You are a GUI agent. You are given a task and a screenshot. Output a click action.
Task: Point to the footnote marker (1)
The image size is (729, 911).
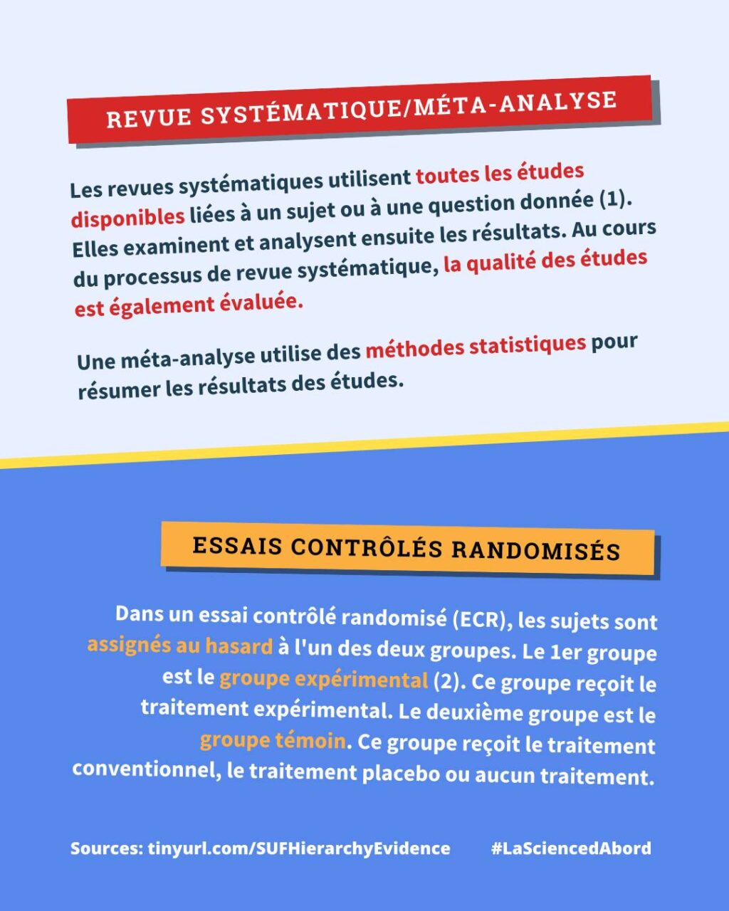click(615, 199)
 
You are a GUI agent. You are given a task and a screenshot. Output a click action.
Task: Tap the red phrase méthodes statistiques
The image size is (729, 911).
click(476, 347)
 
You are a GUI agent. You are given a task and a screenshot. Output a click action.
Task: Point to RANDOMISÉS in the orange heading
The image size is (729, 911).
click(536, 549)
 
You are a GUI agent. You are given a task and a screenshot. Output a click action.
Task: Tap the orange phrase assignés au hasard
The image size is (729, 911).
click(180, 646)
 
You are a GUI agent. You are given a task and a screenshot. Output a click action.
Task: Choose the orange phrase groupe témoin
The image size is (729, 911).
click(273, 741)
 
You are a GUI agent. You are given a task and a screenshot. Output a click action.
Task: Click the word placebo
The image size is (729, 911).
click(401, 773)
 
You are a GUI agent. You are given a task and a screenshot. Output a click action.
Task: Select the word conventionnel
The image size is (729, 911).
click(143, 769)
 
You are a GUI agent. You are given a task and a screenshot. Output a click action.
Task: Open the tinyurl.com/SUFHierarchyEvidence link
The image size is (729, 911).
click(299, 848)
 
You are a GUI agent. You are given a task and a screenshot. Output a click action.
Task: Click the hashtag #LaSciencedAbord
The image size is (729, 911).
click(571, 848)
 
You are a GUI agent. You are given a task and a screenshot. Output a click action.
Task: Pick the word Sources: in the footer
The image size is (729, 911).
click(106, 848)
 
